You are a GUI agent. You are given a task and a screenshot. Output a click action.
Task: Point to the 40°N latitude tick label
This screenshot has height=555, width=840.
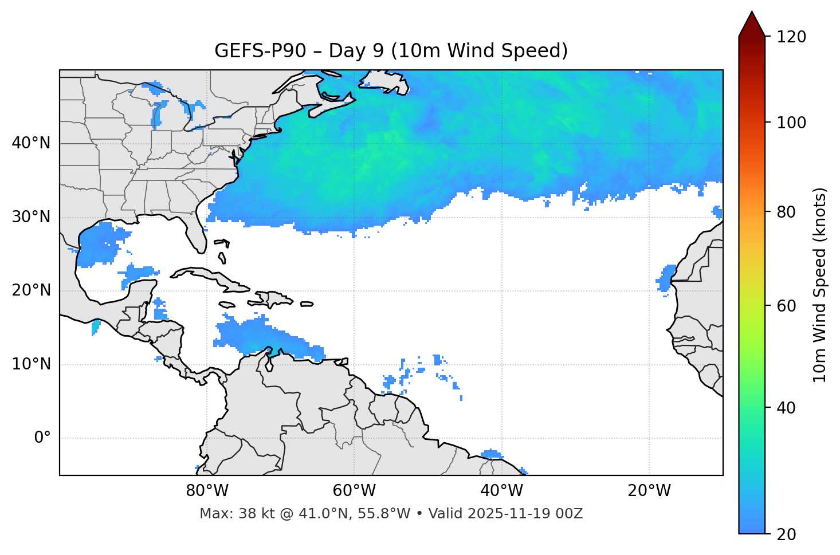tap(31, 143)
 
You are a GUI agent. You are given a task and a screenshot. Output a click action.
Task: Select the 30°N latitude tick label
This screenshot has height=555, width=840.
tap(31, 217)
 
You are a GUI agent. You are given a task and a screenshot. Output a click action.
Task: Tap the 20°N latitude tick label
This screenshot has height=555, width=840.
tap(31, 290)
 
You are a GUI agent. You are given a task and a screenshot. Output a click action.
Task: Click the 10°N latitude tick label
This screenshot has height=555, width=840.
tap(31, 364)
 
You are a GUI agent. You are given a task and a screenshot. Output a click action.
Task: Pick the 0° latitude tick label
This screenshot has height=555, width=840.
tap(42, 438)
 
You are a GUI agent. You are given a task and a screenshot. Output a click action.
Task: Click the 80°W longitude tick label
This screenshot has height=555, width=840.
tap(207, 491)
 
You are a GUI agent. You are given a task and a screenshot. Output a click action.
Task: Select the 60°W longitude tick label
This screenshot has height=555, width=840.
tap(354, 491)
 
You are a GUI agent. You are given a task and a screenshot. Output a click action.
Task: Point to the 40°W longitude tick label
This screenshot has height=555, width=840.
tap(501, 491)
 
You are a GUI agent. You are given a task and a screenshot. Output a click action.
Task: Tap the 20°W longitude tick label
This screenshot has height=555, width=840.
tap(649, 491)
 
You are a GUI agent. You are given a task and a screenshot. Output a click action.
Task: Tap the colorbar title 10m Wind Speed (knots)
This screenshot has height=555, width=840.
tap(820, 285)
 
